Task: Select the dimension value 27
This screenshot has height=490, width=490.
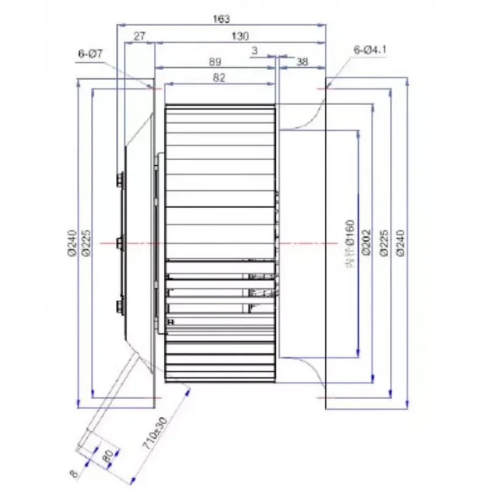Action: [x=139, y=37]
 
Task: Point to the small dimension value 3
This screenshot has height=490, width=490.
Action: [x=254, y=51]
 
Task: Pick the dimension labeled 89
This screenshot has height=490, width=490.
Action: [x=215, y=62]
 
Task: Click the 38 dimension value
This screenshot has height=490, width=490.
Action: [x=302, y=62]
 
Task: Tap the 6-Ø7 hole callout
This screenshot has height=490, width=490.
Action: [x=90, y=54]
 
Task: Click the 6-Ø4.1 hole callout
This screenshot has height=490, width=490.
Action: [x=370, y=50]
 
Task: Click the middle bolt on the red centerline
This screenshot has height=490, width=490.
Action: [x=119, y=243]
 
